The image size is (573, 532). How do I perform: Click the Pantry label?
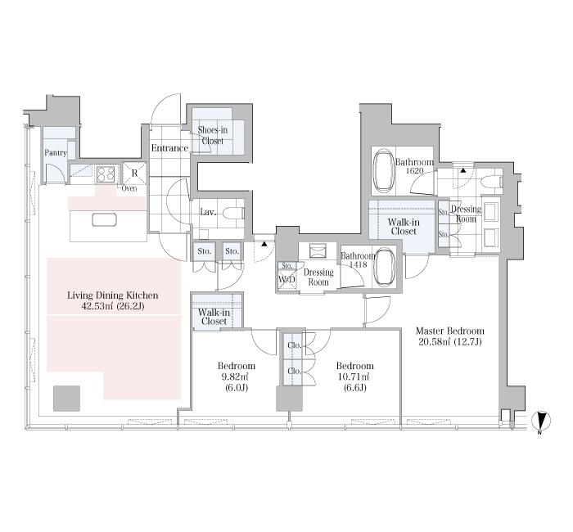(56, 153)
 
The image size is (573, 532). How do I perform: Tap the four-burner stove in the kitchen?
(106, 174)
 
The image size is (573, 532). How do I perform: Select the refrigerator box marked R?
(134, 174)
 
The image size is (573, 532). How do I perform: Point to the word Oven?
(129, 188)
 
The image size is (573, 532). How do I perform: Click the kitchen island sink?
(104, 219)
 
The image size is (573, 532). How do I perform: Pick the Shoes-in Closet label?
(212, 135)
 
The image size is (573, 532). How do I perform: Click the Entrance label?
(169, 148)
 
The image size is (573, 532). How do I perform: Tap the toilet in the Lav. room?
(233, 213)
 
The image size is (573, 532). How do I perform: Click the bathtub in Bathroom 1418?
(385, 267)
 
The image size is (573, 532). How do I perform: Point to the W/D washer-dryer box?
(287, 280)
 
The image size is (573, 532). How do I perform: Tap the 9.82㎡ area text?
(237, 376)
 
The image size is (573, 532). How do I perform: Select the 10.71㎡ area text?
(354, 376)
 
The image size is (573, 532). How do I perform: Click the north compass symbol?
(541, 420)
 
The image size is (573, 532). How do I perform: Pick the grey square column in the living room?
(66, 399)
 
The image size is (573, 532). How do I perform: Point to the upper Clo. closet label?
(294, 345)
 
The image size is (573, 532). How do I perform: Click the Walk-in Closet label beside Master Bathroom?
(404, 227)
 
